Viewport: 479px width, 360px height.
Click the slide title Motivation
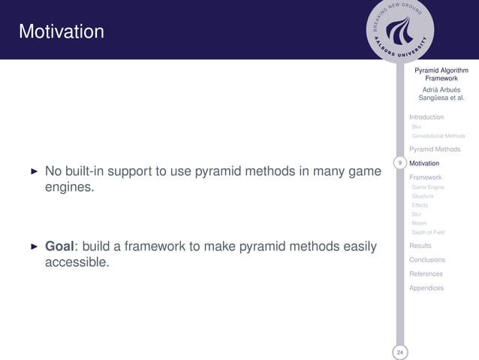pos(62,32)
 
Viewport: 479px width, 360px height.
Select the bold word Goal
pos(62,247)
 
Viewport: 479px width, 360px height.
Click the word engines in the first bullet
pos(69,187)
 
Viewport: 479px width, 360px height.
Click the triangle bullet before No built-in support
pos(33,171)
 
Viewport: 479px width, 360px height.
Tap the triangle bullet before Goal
pos(33,247)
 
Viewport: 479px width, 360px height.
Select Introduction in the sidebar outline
pos(426,117)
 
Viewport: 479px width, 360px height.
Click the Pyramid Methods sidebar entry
pos(435,150)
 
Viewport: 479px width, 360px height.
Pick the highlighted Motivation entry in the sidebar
pos(425,163)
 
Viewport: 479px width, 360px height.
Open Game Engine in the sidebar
pos(428,187)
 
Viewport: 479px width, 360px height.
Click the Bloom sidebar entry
pos(419,223)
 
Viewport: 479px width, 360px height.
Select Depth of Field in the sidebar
pos(428,232)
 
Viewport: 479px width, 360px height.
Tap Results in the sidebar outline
pos(420,247)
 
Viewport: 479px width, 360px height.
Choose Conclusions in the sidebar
pos(426,260)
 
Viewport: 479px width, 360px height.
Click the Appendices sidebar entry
pos(426,288)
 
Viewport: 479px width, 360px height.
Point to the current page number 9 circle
pos(400,162)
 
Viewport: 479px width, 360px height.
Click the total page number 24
pos(400,352)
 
